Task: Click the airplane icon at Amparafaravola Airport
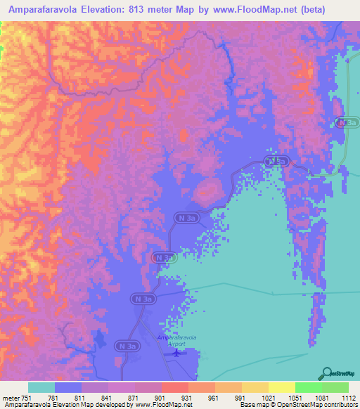tap(176, 353)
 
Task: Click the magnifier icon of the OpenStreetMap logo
tap(326, 372)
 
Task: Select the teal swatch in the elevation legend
tap(41, 387)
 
